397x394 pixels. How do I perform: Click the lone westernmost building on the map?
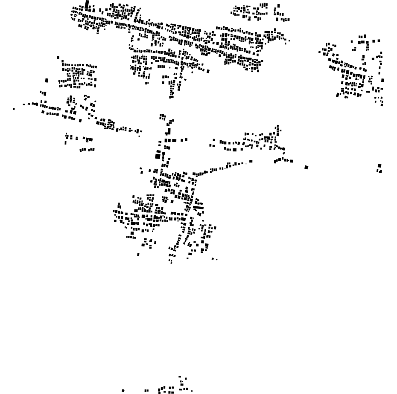click(x=14, y=109)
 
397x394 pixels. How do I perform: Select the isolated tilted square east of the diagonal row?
click(x=306, y=167)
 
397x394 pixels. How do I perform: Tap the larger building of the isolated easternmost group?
click(x=379, y=166)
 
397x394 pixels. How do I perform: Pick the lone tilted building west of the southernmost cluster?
click(x=123, y=390)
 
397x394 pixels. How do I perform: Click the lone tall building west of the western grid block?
click(x=47, y=80)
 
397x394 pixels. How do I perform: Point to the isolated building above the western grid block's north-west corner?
click(x=58, y=57)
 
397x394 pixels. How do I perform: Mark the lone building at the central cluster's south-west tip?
click(x=138, y=255)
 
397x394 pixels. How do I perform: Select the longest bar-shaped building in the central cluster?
click(x=198, y=208)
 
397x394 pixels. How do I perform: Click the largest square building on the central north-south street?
click(x=158, y=156)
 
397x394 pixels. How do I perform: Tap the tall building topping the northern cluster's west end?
click(x=87, y=4)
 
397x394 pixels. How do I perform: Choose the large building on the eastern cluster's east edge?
click(x=382, y=80)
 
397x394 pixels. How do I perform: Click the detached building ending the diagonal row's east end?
click(x=251, y=161)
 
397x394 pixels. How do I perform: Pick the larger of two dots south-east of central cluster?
click(x=213, y=258)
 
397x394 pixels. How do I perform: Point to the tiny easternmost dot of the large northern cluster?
click(x=289, y=41)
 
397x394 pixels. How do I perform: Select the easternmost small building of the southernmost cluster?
click(x=191, y=391)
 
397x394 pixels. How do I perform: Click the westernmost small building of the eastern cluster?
click(x=319, y=52)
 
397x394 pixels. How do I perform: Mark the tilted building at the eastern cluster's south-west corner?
click(x=337, y=95)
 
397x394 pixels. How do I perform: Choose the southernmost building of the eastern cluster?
click(x=382, y=104)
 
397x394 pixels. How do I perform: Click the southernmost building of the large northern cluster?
click(x=171, y=97)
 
